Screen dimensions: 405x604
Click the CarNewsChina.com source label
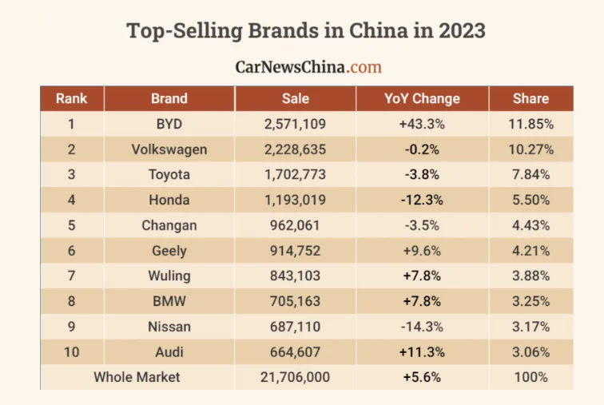(x=308, y=67)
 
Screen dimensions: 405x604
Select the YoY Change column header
(x=422, y=99)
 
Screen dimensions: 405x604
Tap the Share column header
(x=530, y=99)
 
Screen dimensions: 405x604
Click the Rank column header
(x=71, y=99)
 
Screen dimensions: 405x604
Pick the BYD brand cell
(x=169, y=124)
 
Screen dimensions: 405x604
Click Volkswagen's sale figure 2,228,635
(x=295, y=149)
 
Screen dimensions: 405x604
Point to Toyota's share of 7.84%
(x=530, y=174)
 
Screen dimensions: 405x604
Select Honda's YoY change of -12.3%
(x=422, y=200)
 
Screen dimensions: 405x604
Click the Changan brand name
(x=169, y=225)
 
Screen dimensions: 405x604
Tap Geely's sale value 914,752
(x=295, y=251)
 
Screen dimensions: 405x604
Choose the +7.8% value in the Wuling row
(x=422, y=276)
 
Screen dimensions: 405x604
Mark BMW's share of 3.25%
(x=530, y=301)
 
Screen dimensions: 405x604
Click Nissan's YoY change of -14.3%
(x=422, y=327)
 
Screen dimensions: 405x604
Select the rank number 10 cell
(x=71, y=351)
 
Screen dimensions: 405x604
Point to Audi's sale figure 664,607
(x=295, y=351)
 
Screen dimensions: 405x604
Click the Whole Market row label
(x=137, y=377)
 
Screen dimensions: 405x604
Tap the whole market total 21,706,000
(x=295, y=377)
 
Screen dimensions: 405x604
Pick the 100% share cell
(x=530, y=377)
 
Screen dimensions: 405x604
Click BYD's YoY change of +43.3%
(x=422, y=124)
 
